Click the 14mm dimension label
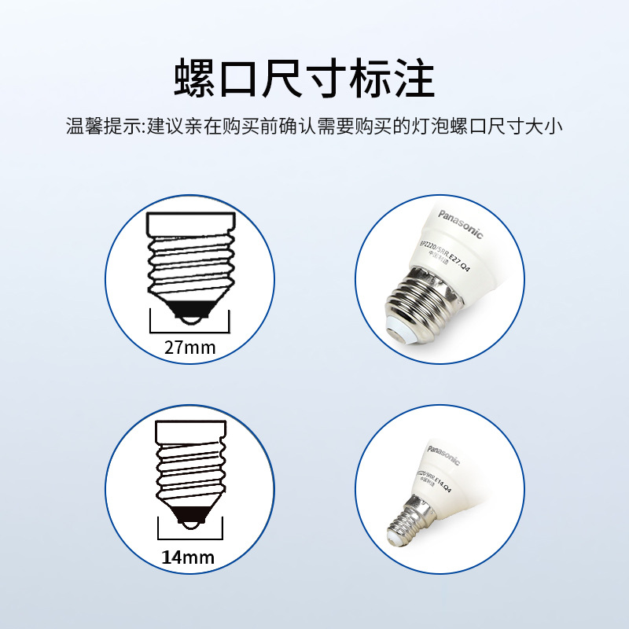[189, 557]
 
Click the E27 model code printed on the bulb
[449, 255]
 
